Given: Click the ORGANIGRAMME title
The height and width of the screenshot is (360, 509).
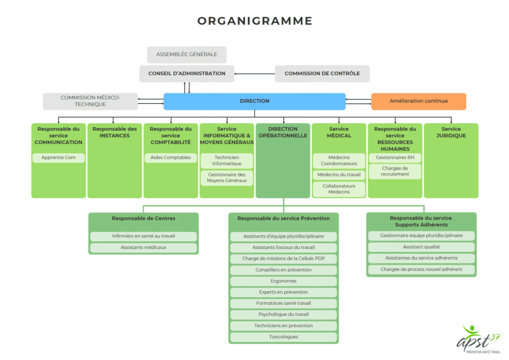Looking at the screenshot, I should [x=254, y=21].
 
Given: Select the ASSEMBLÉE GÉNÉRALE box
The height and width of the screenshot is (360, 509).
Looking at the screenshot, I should [x=186, y=55].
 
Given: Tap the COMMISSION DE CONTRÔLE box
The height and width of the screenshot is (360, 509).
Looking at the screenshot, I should [x=322, y=74].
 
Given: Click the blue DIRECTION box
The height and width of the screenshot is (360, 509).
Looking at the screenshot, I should [x=254, y=101].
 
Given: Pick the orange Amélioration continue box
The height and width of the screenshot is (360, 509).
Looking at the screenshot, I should [x=419, y=101].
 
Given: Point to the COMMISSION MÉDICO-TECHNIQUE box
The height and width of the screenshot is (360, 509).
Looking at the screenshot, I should [x=90, y=101].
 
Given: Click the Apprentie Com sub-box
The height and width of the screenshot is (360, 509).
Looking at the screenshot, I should [x=59, y=158].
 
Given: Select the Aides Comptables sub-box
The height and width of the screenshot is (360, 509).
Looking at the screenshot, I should [x=170, y=158].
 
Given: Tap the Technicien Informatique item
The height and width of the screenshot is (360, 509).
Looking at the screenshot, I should [x=227, y=161].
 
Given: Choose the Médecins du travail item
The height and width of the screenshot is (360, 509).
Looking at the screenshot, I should [x=339, y=175].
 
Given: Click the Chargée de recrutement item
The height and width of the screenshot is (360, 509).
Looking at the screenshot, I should [x=395, y=171].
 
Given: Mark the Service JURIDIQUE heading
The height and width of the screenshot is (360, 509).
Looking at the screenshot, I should [x=451, y=132].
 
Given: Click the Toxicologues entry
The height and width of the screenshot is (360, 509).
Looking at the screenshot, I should [x=283, y=337].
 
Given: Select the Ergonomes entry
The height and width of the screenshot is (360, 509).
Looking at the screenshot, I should [x=283, y=281].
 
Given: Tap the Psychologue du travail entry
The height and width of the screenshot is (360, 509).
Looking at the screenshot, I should [x=283, y=314].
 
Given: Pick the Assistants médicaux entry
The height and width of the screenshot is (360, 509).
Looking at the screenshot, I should [x=143, y=247].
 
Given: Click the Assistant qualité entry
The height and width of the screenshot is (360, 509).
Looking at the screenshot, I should [x=421, y=247].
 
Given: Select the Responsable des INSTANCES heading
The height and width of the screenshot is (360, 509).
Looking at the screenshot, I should [x=114, y=132].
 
